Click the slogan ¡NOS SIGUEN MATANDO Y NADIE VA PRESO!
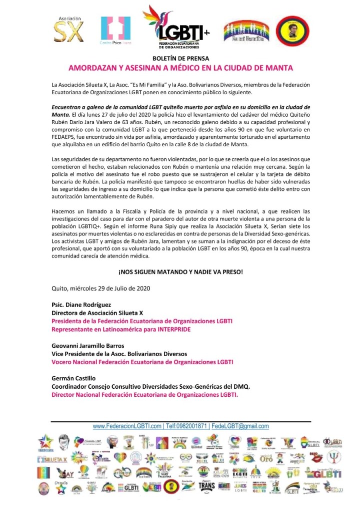click(180, 272)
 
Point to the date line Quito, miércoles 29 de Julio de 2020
click(101, 288)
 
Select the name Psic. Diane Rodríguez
click(81, 305)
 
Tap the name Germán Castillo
click(73, 378)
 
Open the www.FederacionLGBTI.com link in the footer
click(127, 426)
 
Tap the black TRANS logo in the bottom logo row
click(206, 485)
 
